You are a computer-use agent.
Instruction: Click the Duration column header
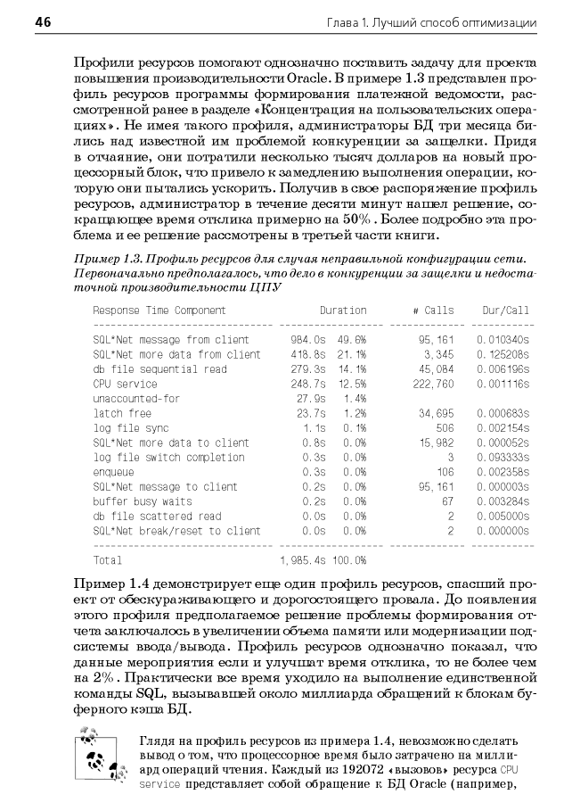click(343, 310)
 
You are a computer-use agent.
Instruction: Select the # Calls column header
click(433, 310)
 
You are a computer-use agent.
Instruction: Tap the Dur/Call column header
click(505, 310)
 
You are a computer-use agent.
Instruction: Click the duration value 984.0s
click(309, 340)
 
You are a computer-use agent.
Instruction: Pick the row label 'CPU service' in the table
click(125, 384)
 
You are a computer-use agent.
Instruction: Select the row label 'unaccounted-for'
click(136, 399)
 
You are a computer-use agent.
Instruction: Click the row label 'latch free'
click(122, 413)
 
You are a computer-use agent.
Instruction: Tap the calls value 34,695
click(436, 413)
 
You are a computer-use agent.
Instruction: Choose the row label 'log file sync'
click(131, 428)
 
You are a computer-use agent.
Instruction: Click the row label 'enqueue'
click(113, 472)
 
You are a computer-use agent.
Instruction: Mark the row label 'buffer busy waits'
click(143, 501)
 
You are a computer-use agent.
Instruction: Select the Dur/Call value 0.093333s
click(503, 458)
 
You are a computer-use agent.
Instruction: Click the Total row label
click(108, 560)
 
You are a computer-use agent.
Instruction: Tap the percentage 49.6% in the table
click(351, 340)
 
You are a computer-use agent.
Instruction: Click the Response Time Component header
click(159, 310)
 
